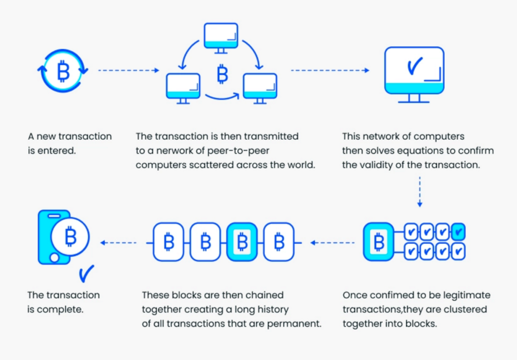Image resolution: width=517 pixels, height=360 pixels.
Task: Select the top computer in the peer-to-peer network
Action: coord(221,38)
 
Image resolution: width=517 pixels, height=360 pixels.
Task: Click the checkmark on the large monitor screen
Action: coord(415,66)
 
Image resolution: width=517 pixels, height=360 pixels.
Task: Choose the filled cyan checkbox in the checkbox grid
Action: coord(458,232)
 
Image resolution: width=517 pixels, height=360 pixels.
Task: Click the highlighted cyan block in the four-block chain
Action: coord(242,242)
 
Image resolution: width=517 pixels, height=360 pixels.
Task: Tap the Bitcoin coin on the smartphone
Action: coord(70,236)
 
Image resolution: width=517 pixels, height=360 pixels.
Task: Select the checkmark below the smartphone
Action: coord(86,274)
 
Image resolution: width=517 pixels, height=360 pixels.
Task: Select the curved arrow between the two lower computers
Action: coord(222,96)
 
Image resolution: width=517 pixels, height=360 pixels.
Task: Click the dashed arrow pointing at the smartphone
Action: coord(118,243)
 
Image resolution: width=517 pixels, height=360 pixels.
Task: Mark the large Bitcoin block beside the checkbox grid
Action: coord(379,242)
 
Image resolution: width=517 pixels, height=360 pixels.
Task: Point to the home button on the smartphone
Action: coord(55,258)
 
